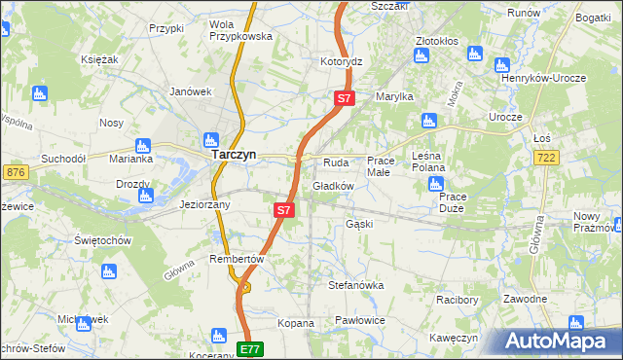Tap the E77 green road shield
250,348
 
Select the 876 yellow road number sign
15,171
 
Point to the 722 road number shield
572,158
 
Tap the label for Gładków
332,186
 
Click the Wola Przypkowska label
240,29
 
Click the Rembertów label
238,259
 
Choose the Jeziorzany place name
204,205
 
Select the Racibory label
458,300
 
